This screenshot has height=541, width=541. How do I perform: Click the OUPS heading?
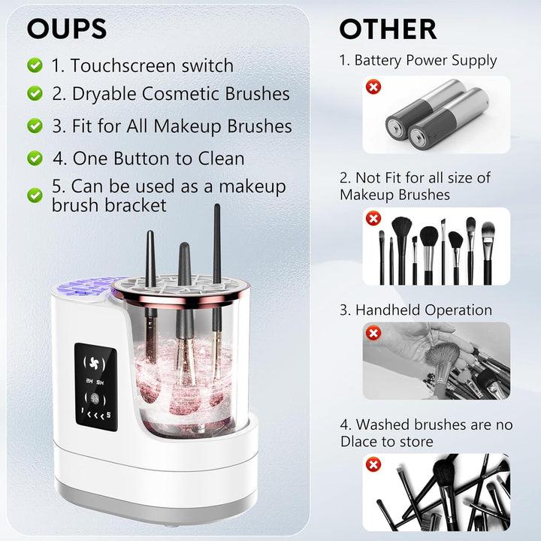pos(67,28)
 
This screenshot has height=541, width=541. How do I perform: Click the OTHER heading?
pos(387,29)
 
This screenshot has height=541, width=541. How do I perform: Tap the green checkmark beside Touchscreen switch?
pos(35,65)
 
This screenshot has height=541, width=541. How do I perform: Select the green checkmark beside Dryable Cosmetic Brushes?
pos(35,94)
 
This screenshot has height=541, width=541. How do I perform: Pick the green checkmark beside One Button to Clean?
pos(35,159)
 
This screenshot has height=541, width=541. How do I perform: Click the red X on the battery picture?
pos(372,87)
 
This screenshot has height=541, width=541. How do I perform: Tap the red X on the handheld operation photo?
pos(372,332)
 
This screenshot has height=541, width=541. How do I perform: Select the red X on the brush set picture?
pos(372,218)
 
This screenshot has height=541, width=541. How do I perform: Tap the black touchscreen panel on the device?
pos(95,387)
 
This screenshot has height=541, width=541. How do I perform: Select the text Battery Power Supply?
pos(425,60)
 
